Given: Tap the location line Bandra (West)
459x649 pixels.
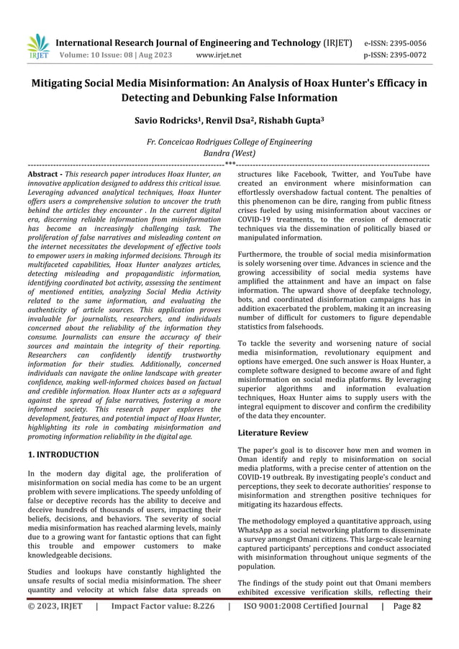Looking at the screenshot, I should click(x=229, y=153).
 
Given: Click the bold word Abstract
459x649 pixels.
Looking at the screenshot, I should click(x=42, y=175).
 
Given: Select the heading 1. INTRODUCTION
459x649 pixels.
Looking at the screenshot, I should click(x=63, y=455).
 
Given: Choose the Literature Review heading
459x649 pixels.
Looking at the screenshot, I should click(x=273, y=433).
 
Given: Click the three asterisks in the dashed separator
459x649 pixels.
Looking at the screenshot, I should click(x=229, y=165).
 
